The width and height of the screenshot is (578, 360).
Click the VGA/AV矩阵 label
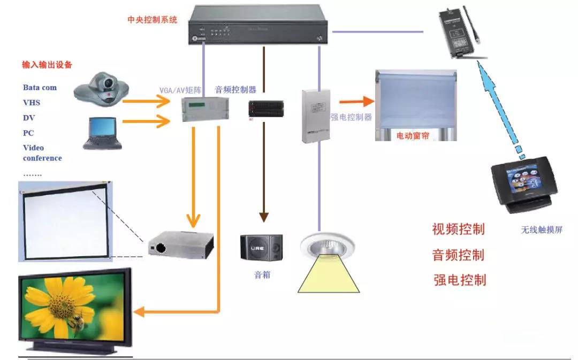(180, 90)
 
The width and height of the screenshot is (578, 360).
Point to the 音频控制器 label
(235, 90)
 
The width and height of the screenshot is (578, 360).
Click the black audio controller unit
(263, 108)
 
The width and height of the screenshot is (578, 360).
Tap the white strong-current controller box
(316, 116)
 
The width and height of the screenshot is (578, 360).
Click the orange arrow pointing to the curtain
(356, 101)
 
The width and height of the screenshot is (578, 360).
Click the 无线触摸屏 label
(542, 230)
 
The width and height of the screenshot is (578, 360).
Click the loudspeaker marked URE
(262, 248)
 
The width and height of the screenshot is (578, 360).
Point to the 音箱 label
(262, 276)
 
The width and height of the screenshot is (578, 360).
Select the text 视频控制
(459, 229)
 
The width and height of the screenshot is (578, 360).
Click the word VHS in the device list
(32, 103)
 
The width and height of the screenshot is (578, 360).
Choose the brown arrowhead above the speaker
(263, 217)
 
